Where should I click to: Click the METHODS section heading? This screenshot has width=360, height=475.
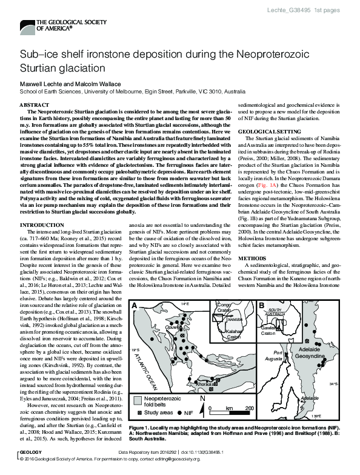pyautogui.click(x=251, y=258)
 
